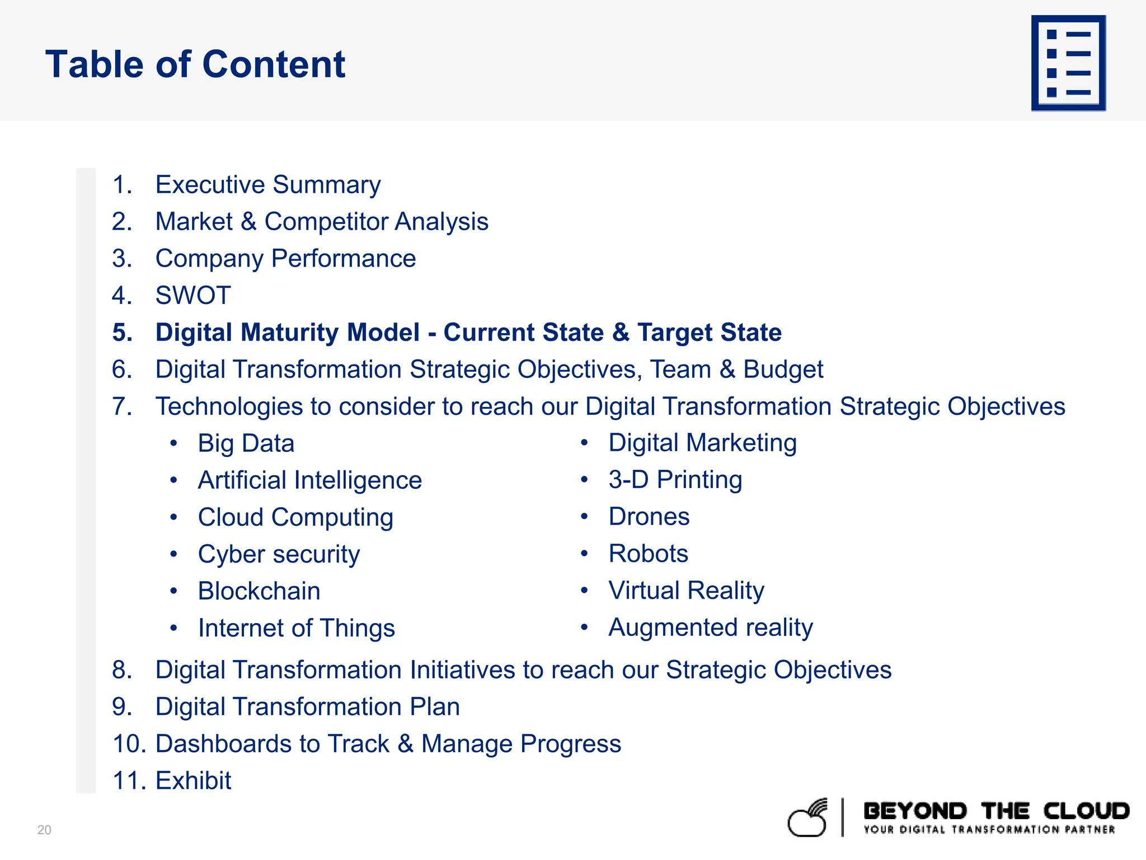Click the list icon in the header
pos(1068,63)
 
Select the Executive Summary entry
pos(267,185)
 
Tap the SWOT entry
pos(192,296)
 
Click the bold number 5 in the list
pos(122,333)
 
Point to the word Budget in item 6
pos(783,370)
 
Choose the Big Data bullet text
pos(246,443)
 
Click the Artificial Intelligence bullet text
pos(309,480)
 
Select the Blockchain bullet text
pos(259,591)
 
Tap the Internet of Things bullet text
pos(296,628)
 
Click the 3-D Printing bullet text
pos(675,480)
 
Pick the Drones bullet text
pos(649,517)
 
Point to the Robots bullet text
pos(648,554)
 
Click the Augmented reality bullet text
pos(710,628)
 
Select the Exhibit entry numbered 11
pos(192,780)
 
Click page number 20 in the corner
pos(44,830)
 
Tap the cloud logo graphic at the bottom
pos(807,819)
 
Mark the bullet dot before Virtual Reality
pos(584,590)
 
